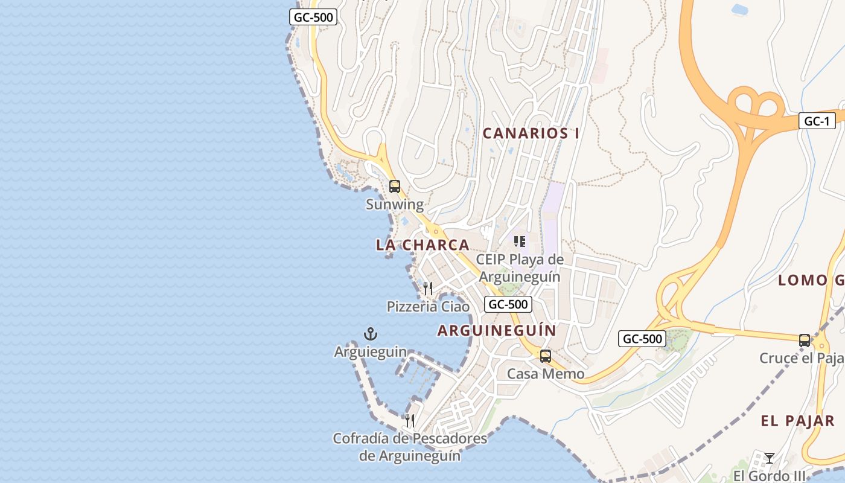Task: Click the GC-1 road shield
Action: click(x=817, y=121)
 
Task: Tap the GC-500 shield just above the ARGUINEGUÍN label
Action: click(x=508, y=304)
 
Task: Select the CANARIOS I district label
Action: click(x=531, y=133)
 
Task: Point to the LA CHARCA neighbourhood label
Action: click(x=422, y=245)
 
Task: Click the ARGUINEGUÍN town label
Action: click(x=497, y=331)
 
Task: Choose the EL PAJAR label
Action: click(x=798, y=421)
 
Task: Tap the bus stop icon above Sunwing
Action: click(x=395, y=187)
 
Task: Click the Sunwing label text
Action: click(x=395, y=205)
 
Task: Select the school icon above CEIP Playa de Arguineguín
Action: click(x=520, y=241)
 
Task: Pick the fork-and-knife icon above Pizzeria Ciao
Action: click(x=428, y=288)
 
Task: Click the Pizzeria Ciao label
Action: click(x=428, y=307)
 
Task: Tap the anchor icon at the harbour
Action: click(x=370, y=334)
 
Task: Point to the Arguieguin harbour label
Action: click(x=370, y=352)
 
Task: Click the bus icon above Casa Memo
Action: click(x=546, y=356)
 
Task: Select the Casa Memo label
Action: click(x=546, y=374)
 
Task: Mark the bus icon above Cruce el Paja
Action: click(x=805, y=340)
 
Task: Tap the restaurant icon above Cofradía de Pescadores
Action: click(x=410, y=420)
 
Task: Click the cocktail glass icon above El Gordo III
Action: click(x=769, y=458)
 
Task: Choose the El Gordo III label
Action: click(x=769, y=476)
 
